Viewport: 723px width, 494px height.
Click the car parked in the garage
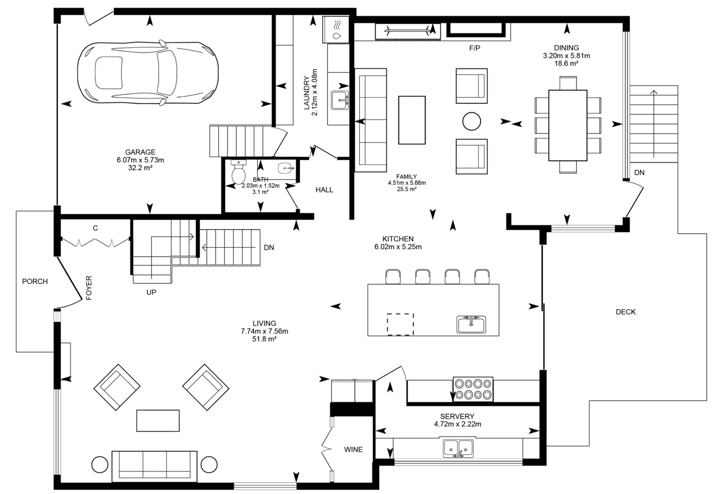pos(148,73)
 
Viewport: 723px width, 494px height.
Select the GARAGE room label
pos(140,152)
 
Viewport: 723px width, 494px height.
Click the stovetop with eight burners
pos(473,389)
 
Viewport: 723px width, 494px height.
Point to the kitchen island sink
pos(472,324)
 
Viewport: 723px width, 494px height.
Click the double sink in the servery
pos(458,449)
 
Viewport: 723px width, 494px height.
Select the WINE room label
pos(353,449)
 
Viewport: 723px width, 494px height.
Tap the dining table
pos(568,125)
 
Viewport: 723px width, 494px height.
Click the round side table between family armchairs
pos(472,121)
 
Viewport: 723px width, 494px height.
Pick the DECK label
pos(626,312)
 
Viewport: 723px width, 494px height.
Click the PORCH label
pos(35,281)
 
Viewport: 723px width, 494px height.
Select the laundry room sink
pos(340,100)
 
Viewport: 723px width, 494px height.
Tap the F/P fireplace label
pos(475,48)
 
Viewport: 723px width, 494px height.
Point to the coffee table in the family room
pos(412,120)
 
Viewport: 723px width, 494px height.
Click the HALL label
pos(324,190)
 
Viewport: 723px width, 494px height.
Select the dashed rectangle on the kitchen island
pos(400,324)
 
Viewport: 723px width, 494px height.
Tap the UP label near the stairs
pos(151,292)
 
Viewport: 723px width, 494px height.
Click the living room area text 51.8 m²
pos(265,339)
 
